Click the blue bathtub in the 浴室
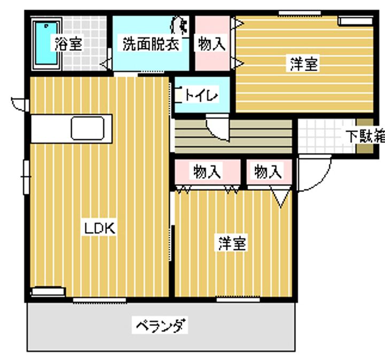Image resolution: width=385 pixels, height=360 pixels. pos(46,43)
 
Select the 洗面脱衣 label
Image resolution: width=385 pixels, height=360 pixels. pos(150,44)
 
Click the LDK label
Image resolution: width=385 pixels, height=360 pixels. pos(99,228)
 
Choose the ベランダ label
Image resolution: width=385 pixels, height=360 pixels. pos(159,325)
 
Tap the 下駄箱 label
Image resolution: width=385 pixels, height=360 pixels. pos(365,135)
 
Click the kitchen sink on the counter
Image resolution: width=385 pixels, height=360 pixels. pos(87,128)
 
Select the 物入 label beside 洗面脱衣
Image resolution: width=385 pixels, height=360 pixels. pos(211,44)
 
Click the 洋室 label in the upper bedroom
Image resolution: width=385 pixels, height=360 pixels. pos(303,64)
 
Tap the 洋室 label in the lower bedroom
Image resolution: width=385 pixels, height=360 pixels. pos(232,243)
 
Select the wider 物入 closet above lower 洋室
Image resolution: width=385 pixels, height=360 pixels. pos(207,172)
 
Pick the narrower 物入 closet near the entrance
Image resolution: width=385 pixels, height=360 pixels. pos(269,172)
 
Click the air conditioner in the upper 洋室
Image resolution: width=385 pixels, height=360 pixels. pos(355,21)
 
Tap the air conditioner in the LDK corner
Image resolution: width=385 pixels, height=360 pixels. pos(48,292)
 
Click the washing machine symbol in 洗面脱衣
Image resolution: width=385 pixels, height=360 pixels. pos(179,25)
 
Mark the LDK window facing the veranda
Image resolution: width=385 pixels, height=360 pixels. pos(99,300)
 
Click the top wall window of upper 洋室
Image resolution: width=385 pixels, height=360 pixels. pos(299,13)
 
